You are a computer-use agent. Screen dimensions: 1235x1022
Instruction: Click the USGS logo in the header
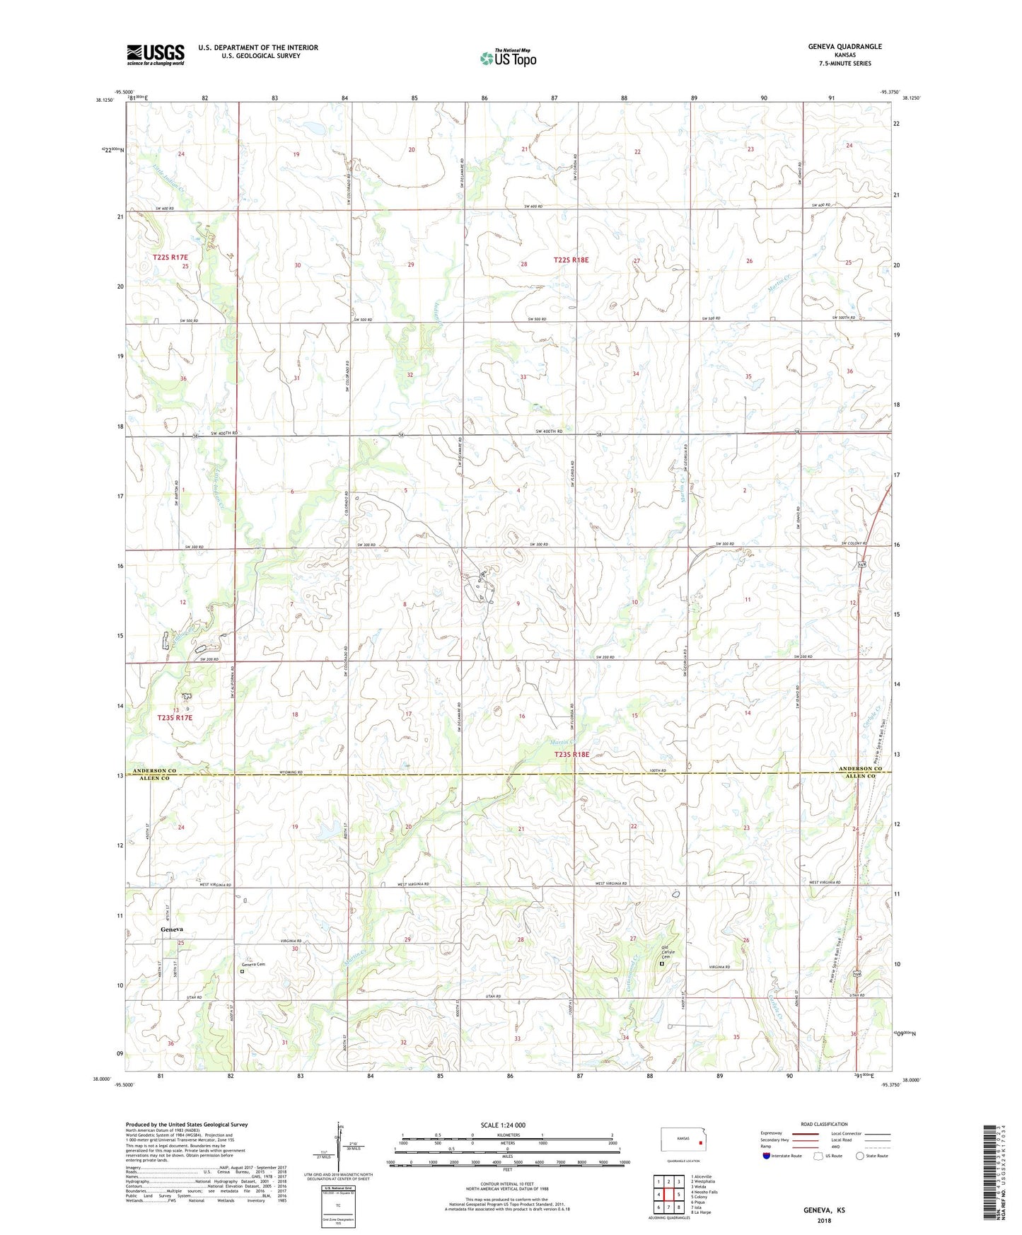(x=155, y=54)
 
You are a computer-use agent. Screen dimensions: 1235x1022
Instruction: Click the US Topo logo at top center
(x=508, y=58)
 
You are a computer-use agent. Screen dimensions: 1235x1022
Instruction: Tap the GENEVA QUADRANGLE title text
(x=844, y=47)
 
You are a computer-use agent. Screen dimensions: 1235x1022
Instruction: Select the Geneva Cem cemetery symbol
(x=242, y=971)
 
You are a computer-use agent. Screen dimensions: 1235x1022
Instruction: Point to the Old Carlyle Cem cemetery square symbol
(x=662, y=963)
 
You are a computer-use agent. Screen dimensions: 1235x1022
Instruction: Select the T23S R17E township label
(x=175, y=717)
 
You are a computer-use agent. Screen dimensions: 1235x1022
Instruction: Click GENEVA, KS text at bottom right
(x=823, y=1210)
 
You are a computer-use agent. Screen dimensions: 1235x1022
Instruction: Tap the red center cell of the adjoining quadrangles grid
(x=668, y=1194)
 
